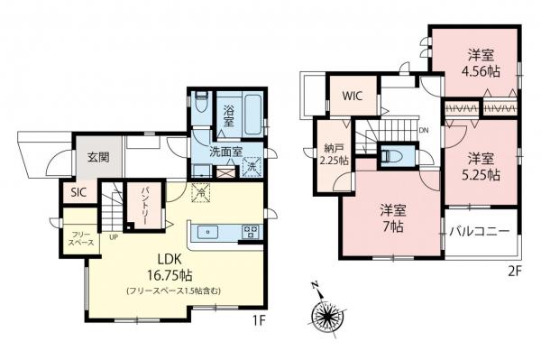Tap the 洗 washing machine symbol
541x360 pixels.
253,167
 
